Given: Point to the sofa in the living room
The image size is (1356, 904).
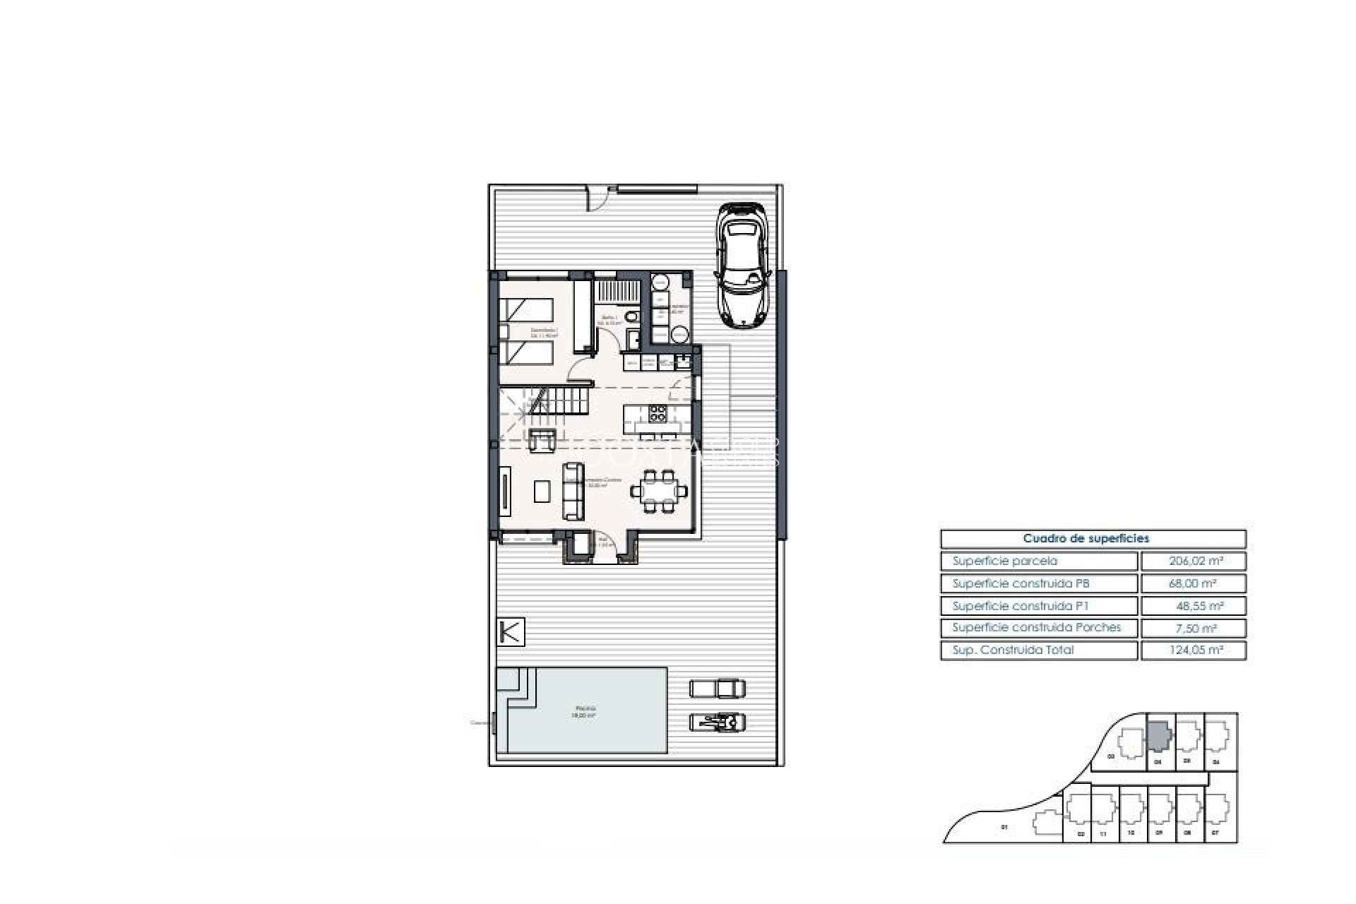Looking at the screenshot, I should click(573, 491).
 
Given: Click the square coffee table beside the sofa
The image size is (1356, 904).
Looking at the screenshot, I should click(542, 491).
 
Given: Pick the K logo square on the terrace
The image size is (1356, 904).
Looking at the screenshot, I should click(511, 631).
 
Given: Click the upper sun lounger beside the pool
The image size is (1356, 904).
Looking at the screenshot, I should click(717, 687).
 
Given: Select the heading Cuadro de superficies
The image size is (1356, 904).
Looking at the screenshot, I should click(1093, 539).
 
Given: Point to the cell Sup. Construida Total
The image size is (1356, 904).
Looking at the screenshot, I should click(1039, 650).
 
